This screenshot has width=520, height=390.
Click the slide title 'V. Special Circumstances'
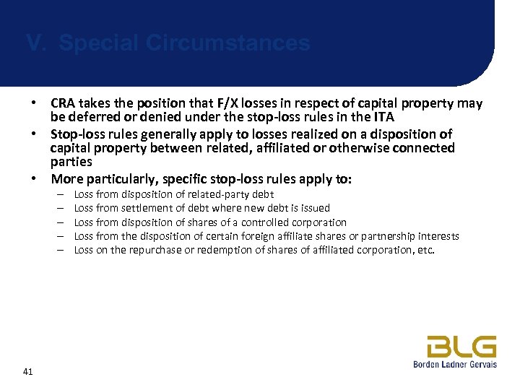click(168, 43)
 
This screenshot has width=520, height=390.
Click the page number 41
click(29, 372)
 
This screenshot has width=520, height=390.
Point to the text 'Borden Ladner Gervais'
click(455, 365)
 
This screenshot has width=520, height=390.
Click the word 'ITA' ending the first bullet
click(383, 117)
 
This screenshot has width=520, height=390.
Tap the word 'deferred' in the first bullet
click(90, 117)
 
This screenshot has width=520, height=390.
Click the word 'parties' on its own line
click(71, 162)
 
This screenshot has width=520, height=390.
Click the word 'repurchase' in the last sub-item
click(154, 251)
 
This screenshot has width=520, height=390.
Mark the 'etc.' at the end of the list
click(426, 251)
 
